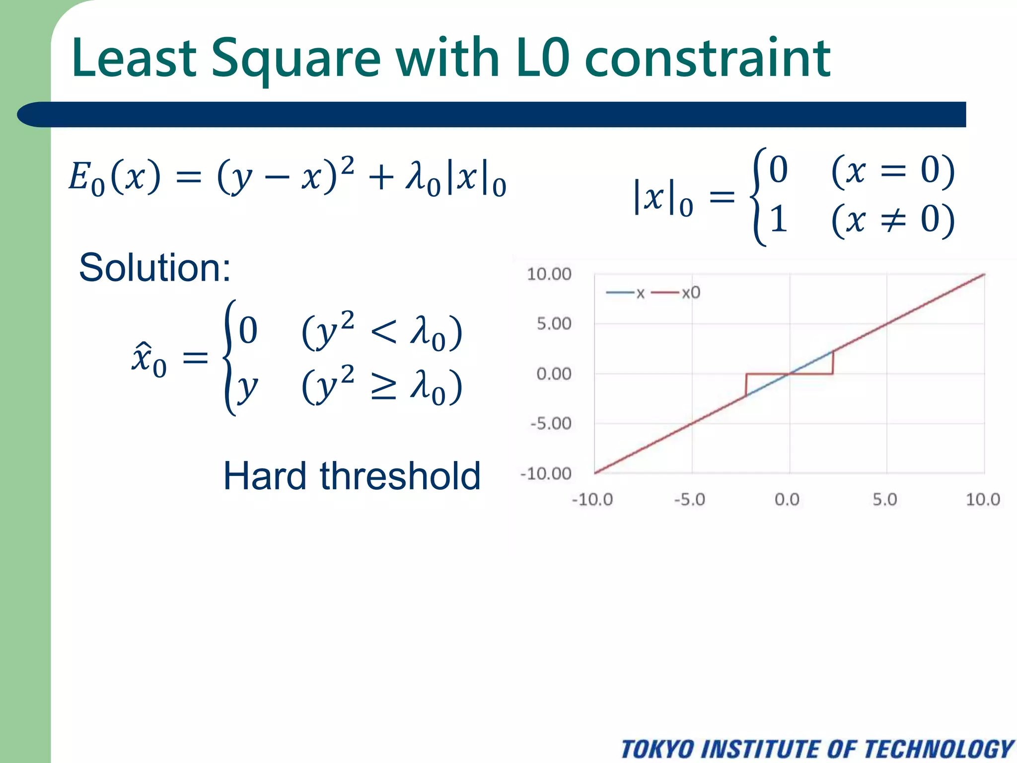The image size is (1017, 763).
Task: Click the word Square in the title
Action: [x=296, y=59]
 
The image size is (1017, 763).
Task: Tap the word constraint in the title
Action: [x=707, y=59]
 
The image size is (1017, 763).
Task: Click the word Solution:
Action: [x=154, y=267]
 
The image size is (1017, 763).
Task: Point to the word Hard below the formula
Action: [x=265, y=476]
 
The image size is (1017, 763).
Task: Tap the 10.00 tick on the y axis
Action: [x=549, y=274]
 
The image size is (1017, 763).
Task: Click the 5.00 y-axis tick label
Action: [x=554, y=324]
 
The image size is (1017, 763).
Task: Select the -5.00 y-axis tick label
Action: [x=551, y=424]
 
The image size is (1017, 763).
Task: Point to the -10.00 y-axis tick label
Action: [x=546, y=473]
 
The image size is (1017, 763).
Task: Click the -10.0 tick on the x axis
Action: [x=592, y=499]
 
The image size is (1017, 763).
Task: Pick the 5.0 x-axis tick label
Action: [x=885, y=499]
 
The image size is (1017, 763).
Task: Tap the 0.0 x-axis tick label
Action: [x=787, y=499]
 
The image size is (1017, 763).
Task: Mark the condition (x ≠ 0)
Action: [x=892, y=220]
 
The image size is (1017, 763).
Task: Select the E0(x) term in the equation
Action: [x=114, y=178]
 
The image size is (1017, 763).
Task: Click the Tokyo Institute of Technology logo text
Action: [x=817, y=749]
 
